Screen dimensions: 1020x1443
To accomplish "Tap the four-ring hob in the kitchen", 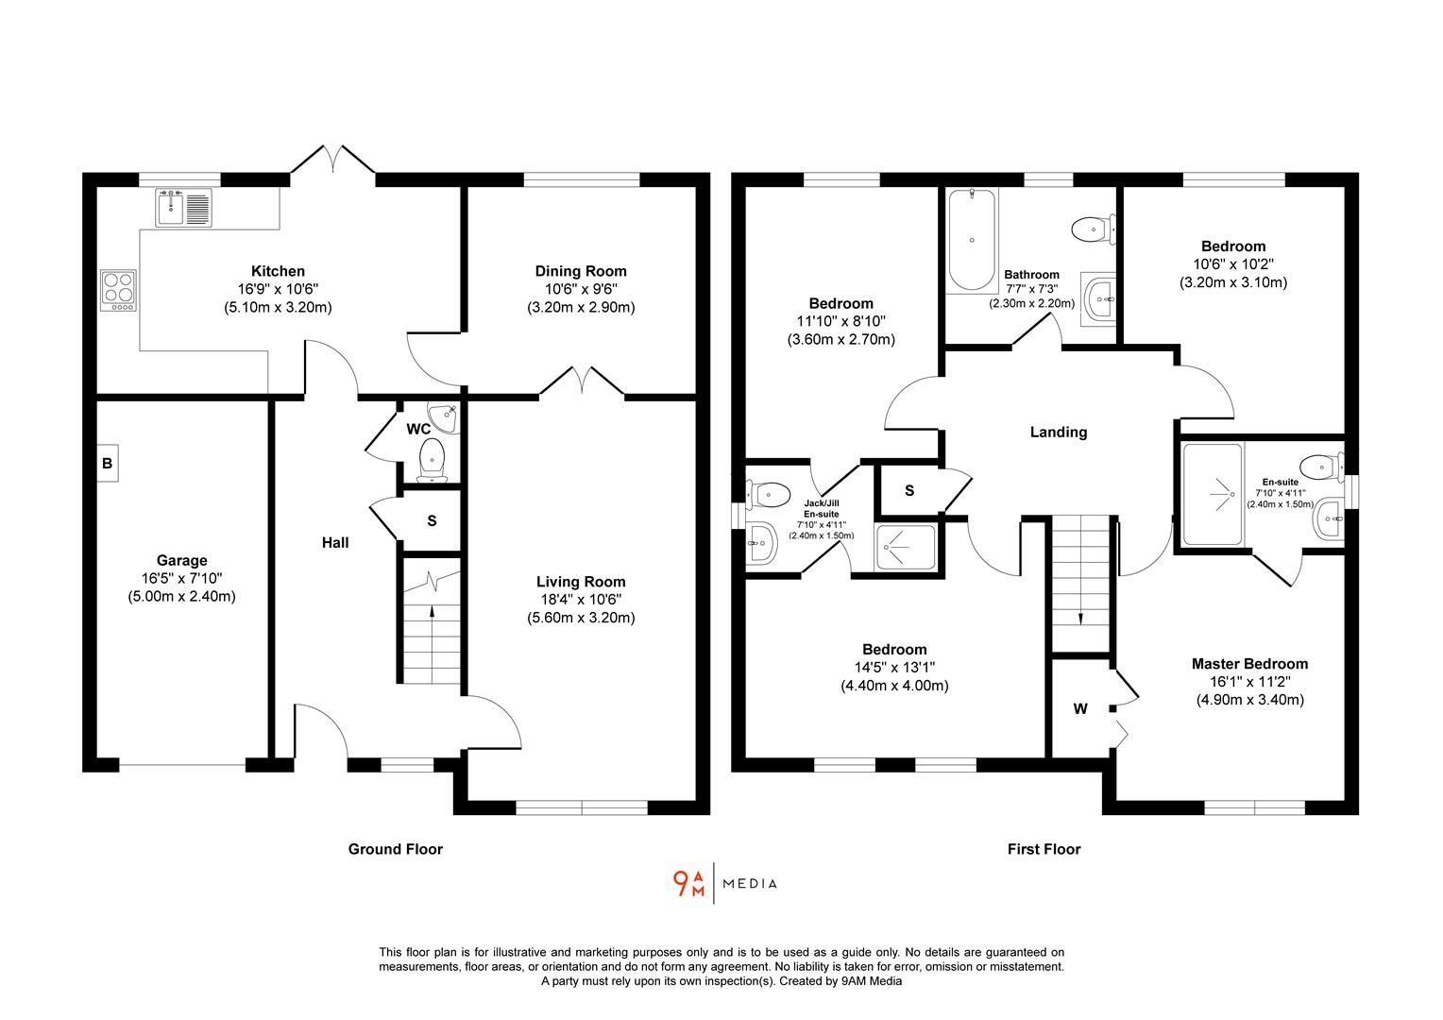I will [x=120, y=290].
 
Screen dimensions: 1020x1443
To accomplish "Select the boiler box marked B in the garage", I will [x=107, y=464].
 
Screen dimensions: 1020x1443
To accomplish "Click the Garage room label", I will [x=181, y=561].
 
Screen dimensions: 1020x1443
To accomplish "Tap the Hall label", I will [x=335, y=542].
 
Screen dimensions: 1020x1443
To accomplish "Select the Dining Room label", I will [x=581, y=271].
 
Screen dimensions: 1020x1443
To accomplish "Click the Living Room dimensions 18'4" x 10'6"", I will [x=581, y=600].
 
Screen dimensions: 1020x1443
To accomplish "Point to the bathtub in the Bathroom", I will [x=971, y=240].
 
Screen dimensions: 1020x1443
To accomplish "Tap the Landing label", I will [x=1058, y=432].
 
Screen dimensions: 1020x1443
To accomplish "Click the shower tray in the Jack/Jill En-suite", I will [x=906, y=547].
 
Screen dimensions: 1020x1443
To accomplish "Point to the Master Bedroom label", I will [x=1249, y=664].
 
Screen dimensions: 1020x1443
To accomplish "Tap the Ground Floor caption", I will [x=395, y=849].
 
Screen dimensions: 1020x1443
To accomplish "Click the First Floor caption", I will [x=1044, y=849].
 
